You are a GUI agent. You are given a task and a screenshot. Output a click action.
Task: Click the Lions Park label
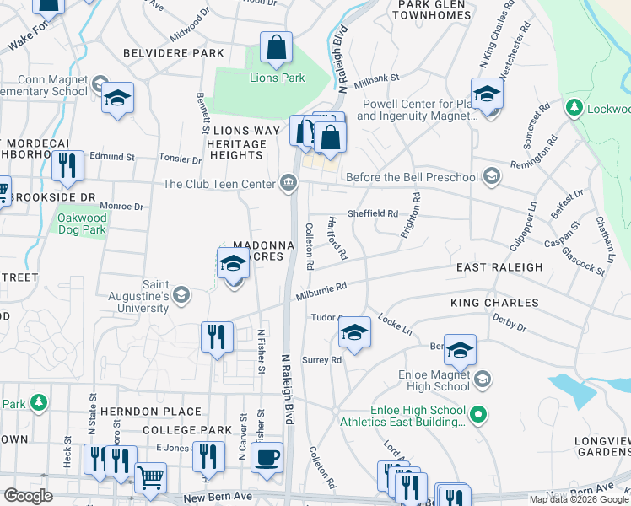pos(277,78)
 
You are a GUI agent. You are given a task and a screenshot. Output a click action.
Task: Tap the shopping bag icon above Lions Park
pos(276,50)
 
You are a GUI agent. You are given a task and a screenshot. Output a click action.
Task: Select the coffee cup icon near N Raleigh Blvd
pos(267,458)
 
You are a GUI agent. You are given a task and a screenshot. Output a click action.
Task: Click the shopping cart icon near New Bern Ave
pos(150,477)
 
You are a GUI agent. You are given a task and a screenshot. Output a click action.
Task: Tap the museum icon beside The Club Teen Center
pos(289,183)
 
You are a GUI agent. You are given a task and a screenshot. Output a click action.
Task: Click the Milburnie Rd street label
pos(321,290)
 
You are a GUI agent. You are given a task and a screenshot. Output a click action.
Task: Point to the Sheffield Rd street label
pos(375,214)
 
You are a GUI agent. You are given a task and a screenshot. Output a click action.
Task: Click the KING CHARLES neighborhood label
pos(494,302)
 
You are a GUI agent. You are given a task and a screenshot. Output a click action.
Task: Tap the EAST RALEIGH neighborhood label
pos(499,267)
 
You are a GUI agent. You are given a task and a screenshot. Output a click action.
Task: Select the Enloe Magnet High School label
pos(434,380)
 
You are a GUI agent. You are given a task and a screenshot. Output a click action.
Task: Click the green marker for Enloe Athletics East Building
pos(477,414)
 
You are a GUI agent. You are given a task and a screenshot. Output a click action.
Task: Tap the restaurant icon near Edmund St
pos(67,167)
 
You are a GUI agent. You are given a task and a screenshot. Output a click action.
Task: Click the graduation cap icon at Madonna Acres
pos(234,264)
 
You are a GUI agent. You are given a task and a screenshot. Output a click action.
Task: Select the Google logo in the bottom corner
pos(28,496)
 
